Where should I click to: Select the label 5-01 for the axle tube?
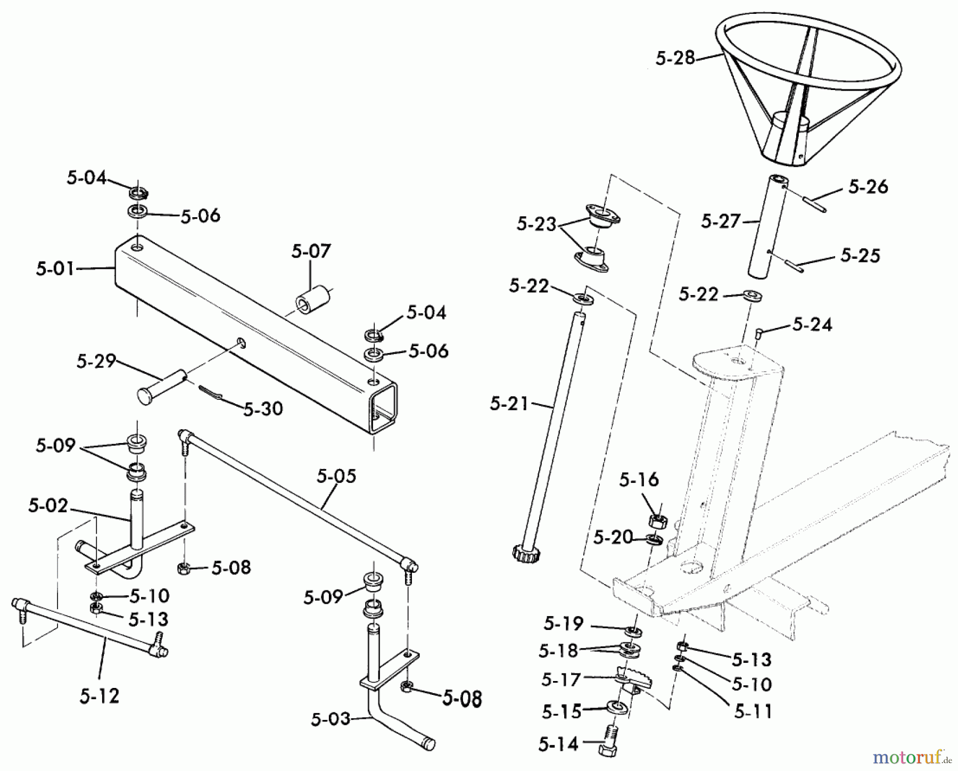(x=55, y=268)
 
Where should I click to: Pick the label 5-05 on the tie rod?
(x=336, y=476)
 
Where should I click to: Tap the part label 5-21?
(x=509, y=404)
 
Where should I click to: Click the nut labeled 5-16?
(x=658, y=519)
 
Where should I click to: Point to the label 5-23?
(x=536, y=224)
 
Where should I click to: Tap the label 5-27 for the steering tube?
(x=721, y=221)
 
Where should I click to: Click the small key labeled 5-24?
(x=760, y=333)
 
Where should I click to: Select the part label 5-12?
(x=100, y=696)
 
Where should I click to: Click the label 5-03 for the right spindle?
(x=331, y=720)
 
